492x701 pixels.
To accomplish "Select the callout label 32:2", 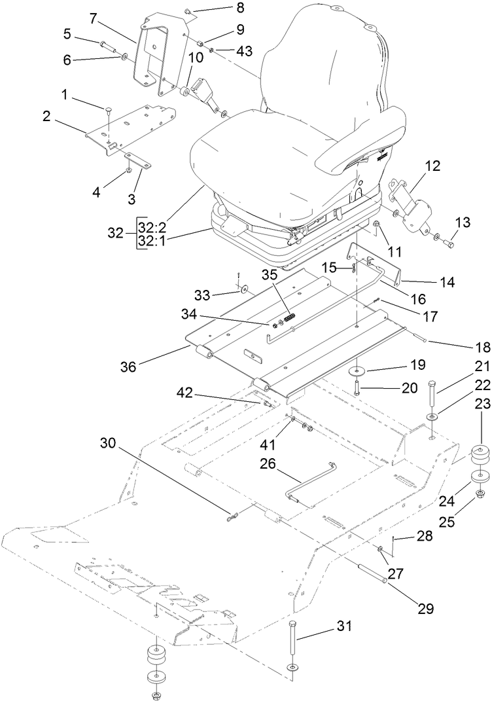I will point(153,227).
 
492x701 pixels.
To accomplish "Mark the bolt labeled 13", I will point(448,243).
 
